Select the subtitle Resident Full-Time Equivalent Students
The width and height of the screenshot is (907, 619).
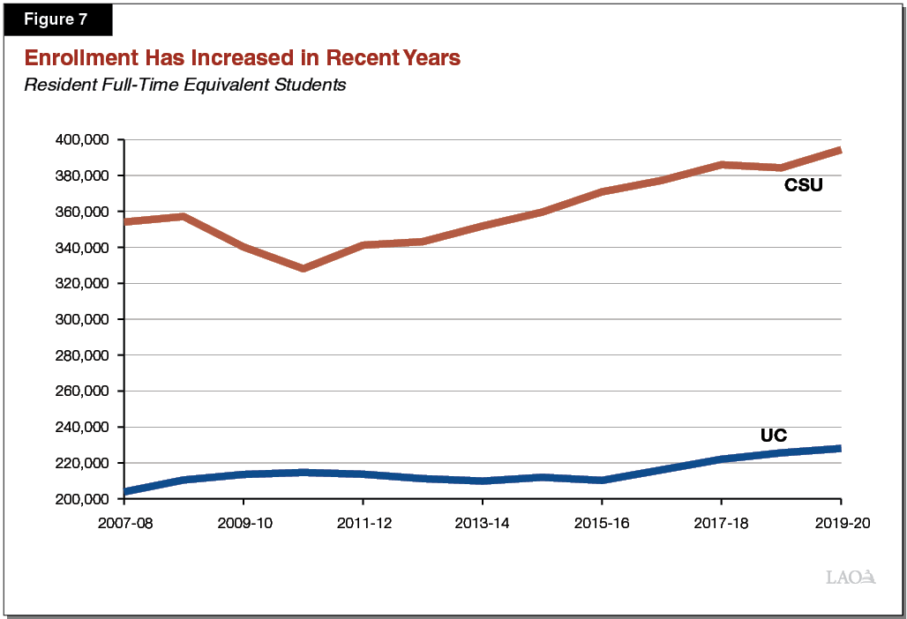184,86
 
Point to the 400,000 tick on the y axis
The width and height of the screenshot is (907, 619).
81,140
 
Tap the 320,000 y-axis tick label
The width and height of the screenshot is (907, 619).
81,284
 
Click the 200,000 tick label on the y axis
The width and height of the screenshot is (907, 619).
81,499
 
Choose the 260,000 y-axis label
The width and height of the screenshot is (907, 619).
81,392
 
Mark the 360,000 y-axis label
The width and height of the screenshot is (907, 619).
81,212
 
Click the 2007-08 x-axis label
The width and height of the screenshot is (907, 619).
124,523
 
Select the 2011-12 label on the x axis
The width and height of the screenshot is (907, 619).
363,523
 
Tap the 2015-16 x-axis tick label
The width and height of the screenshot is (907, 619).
602,523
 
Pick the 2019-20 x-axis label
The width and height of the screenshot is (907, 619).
840,523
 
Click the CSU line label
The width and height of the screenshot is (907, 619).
803,186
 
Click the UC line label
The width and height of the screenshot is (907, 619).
773,436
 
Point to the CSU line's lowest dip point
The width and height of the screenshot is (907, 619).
304,268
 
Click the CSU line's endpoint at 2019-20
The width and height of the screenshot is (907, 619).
839,151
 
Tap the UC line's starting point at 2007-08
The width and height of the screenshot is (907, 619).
125,491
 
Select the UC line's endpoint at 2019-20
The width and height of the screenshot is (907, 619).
839,449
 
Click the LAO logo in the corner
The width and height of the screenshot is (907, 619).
851,578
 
